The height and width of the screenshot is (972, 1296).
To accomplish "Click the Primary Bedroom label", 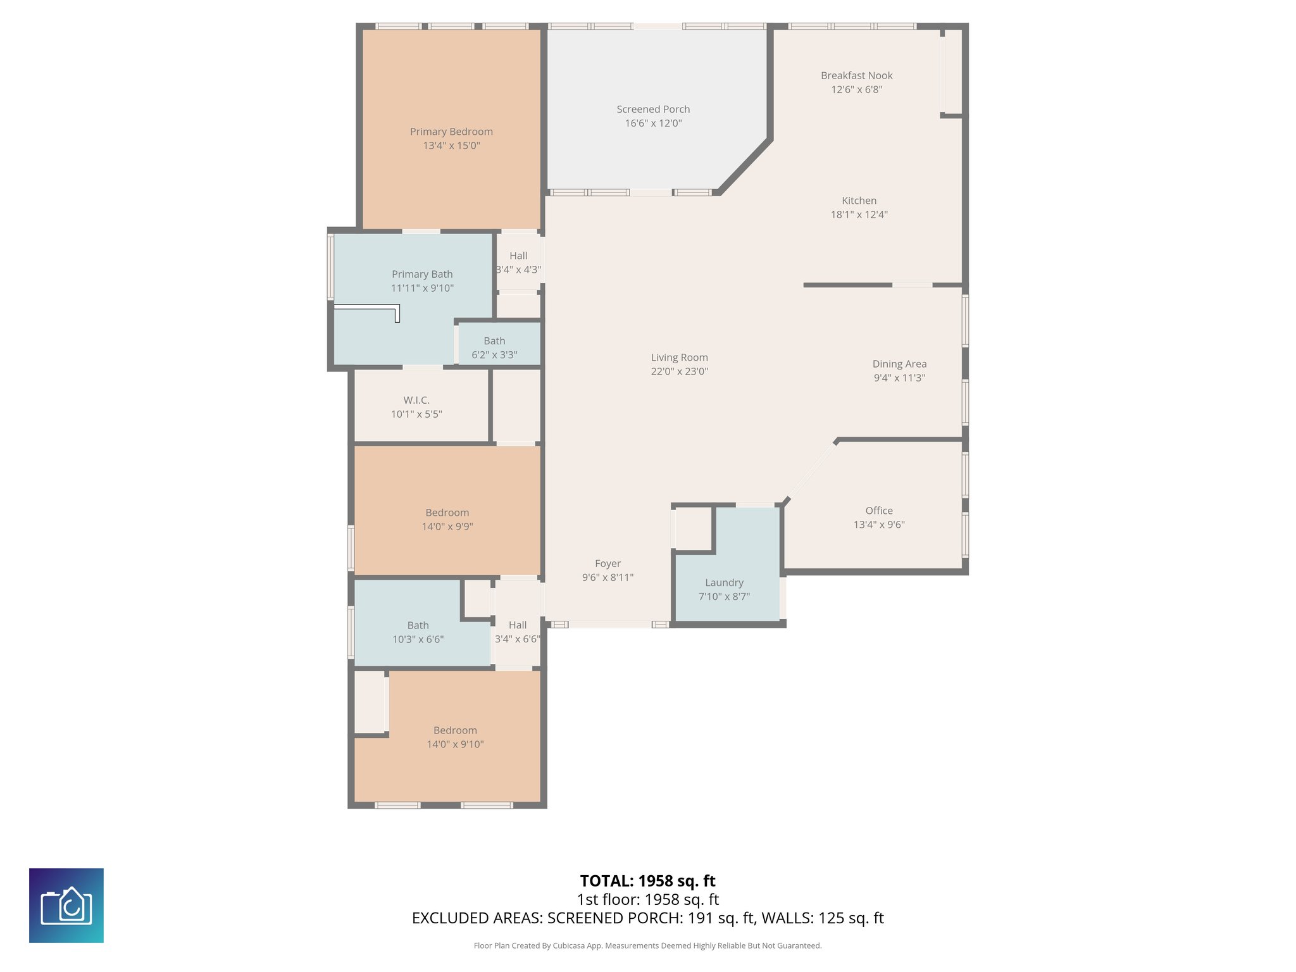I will pos(451,132).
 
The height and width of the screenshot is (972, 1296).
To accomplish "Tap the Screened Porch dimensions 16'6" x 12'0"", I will pos(653,123).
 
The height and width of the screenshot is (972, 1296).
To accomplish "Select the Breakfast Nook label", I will pos(856,75).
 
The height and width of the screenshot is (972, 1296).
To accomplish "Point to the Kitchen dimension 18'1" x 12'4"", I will pos(859,215).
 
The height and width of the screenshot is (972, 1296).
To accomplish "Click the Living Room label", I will pos(679,358).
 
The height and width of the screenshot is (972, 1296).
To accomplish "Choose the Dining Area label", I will pos(899,364).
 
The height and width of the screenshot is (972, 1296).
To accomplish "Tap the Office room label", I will pos(879,511).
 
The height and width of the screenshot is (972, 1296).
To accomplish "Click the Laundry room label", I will pos(724,583).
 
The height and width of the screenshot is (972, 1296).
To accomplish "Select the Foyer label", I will pos(607,563).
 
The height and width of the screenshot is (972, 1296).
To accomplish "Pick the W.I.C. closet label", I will pos(416,400).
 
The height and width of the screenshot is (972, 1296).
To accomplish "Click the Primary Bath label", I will pos(422,274).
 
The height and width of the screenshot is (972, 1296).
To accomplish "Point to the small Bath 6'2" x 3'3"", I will pos(494,347).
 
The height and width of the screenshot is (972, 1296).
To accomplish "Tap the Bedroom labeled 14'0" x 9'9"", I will pos(447,519).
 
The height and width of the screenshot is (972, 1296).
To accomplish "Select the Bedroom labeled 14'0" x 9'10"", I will pos(455,737).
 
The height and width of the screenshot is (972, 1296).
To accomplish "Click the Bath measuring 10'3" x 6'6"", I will pos(418,632).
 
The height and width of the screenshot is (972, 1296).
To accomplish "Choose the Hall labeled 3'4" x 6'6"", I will pos(517,632).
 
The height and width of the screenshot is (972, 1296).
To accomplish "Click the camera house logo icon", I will pos(66,905).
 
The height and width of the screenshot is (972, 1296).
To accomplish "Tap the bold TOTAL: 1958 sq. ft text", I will pos(647,881).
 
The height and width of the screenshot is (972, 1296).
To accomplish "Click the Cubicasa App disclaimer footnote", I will pos(647,945).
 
